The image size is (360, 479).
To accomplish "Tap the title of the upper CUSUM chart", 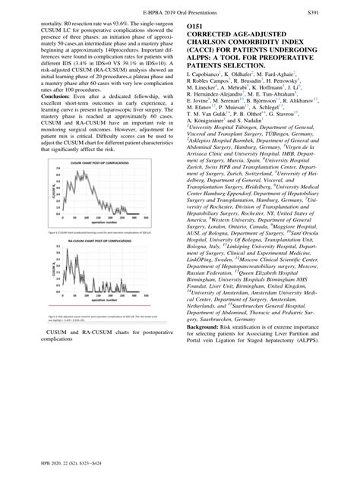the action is click(93, 154).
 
